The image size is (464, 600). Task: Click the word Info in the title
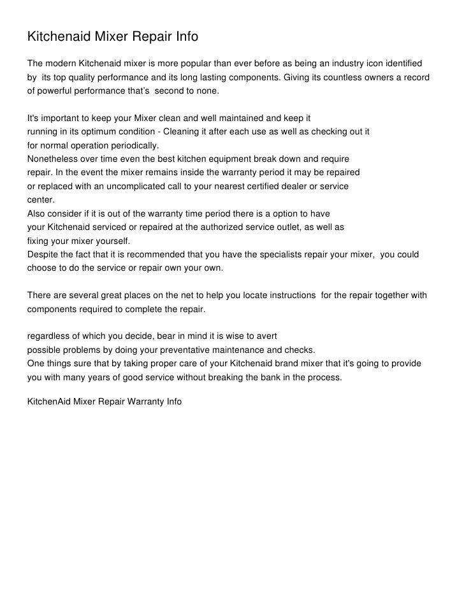coord(184,38)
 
